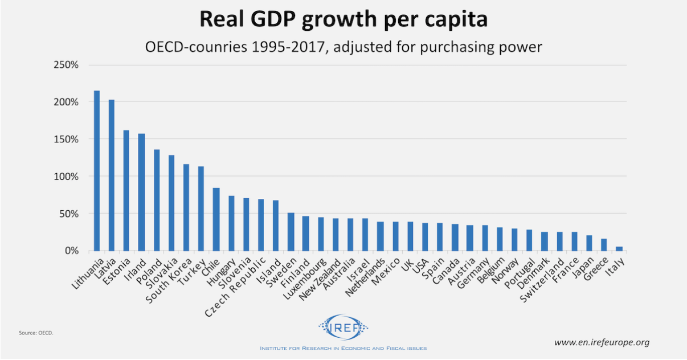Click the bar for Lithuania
[96, 171]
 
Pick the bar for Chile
[216, 219]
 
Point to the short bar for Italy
[620, 248]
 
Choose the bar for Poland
[156, 200]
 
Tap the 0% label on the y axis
[71, 251]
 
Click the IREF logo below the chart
[343, 328]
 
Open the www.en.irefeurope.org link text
[602, 342]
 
